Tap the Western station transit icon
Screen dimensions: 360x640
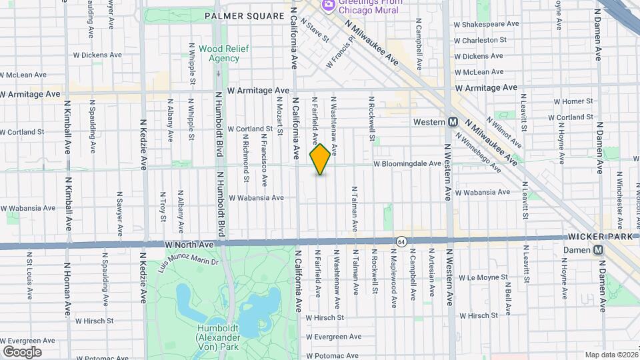pyautogui.click(x=453, y=122)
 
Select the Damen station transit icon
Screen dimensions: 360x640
pyautogui.click(x=598, y=249)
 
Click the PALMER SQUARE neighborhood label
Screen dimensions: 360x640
pyautogui.click(x=239, y=15)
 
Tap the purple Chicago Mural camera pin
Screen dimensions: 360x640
pyautogui.click(x=327, y=6)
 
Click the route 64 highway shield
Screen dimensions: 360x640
pyautogui.click(x=400, y=241)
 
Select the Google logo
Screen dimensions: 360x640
pyautogui.click(x=22, y=351)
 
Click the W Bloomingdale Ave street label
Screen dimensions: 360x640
pyautogui.click(x=407, y=163)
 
